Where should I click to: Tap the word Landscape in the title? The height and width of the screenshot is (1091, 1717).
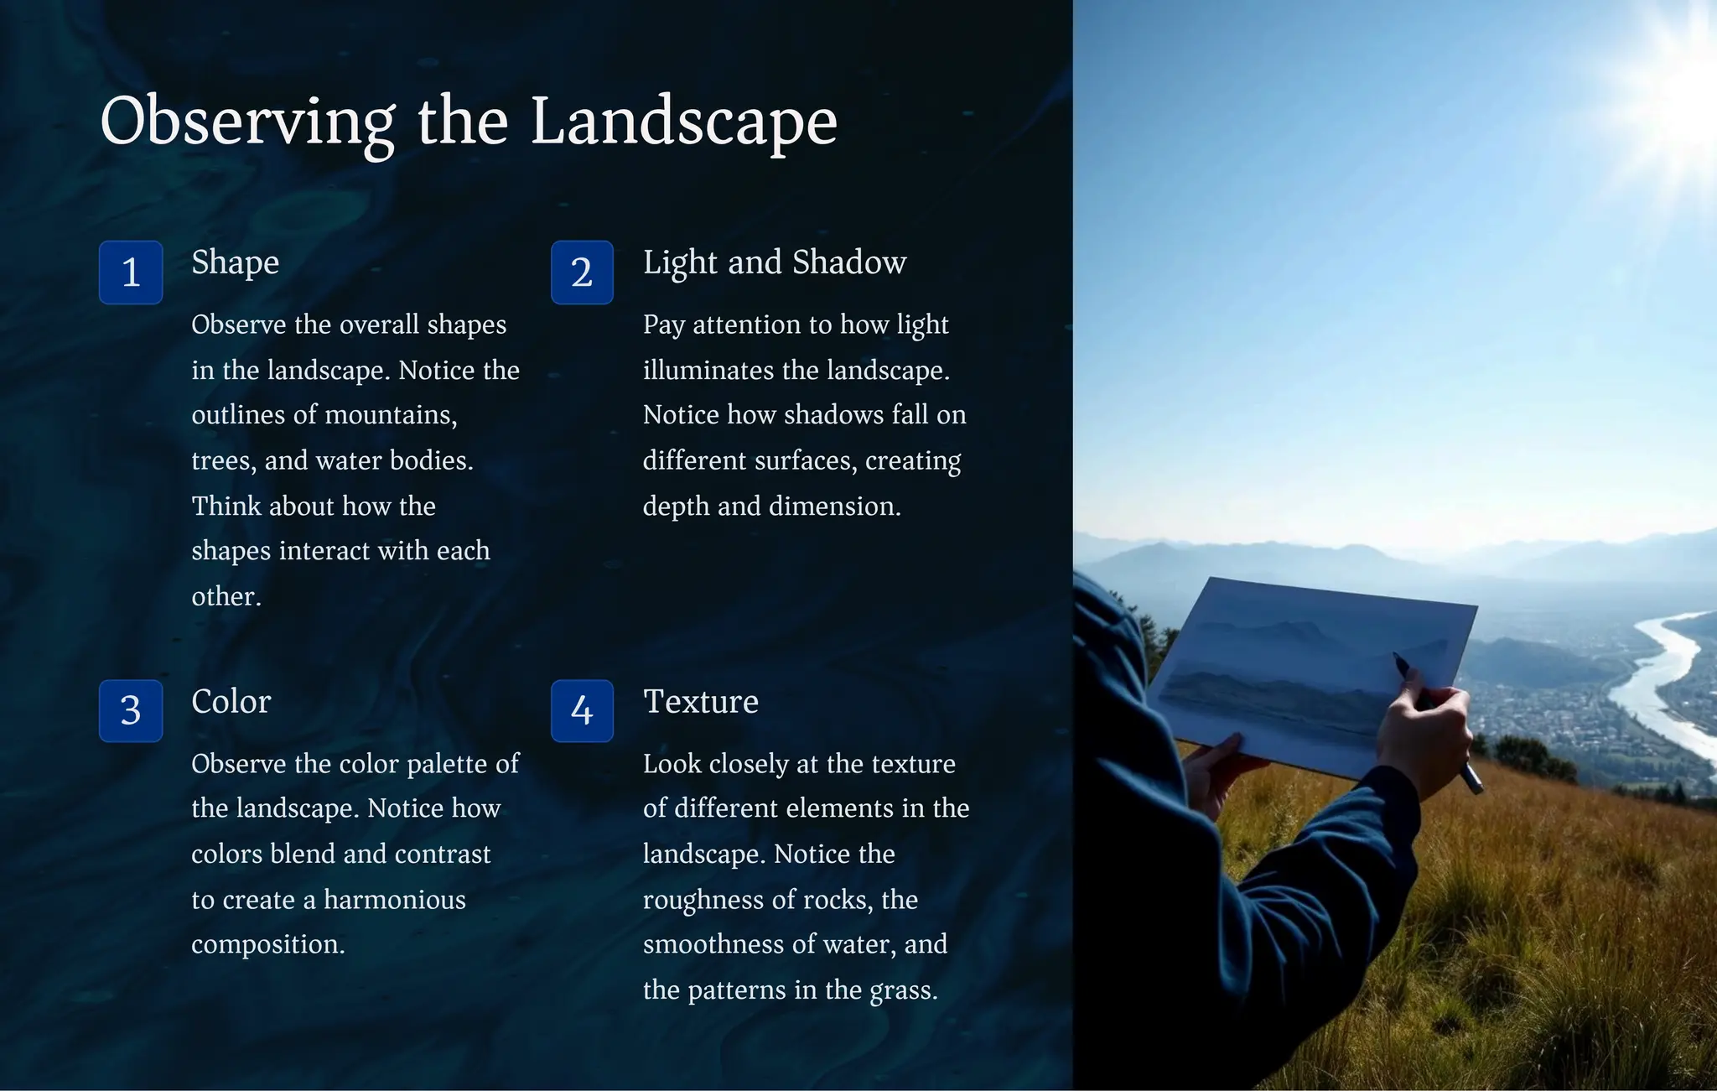click(x=683, y=122)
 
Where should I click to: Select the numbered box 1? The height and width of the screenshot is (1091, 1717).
click(x=131, y=273)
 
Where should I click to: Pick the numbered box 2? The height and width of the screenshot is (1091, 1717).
click(x=582, y=273)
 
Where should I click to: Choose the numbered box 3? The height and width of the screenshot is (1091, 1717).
click(x=131, y=711)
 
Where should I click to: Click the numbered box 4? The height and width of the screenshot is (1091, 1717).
click(x=582, y=711)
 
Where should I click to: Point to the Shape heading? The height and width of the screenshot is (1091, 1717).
click(x=235, y=262)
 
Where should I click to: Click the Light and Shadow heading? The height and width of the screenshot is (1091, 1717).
click(x=774, y=262)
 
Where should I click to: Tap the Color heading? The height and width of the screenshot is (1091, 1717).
click(x=231, y=702)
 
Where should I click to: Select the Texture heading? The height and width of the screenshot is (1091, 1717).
click(x=700, y=702)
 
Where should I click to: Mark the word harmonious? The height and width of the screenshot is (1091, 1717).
click(x=394, y=900)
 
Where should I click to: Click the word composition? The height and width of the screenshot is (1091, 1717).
click(x=267, y=945)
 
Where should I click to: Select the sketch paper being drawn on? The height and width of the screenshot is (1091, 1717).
click(x=1308, y=671)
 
